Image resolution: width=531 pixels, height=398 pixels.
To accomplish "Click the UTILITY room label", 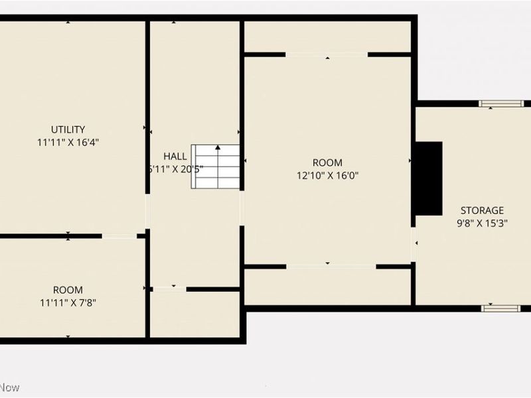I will point(68,129).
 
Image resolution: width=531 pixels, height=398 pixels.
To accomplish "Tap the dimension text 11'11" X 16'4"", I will point(68,142).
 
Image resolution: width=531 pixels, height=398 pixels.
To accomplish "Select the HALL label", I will point(175,156).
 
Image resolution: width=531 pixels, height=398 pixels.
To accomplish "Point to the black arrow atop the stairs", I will point(217,147).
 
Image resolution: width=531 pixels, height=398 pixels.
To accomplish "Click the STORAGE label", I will point(483,210).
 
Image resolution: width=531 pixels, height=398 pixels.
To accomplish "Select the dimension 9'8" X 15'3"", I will point(483,224).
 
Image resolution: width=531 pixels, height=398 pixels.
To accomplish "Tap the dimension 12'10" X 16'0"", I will point(328,176).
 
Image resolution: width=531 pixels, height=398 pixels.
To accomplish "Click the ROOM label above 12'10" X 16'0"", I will point(328,163).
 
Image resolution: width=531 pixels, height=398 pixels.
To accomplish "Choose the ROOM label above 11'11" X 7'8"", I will point(68,290).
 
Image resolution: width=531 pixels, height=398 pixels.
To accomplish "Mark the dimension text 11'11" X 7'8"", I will point(68,303).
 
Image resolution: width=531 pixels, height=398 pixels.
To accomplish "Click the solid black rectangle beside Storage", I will point(428,178).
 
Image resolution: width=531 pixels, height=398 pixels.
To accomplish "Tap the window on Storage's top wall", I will point(501,103).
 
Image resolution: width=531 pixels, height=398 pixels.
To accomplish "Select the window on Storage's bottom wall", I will point(501,308).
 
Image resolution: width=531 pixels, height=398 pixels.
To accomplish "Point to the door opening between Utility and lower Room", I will point(119,235).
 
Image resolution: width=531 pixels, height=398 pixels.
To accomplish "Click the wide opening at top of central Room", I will point(327,54).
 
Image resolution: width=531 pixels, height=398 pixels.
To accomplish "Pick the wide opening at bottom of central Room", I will point(331,267).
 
